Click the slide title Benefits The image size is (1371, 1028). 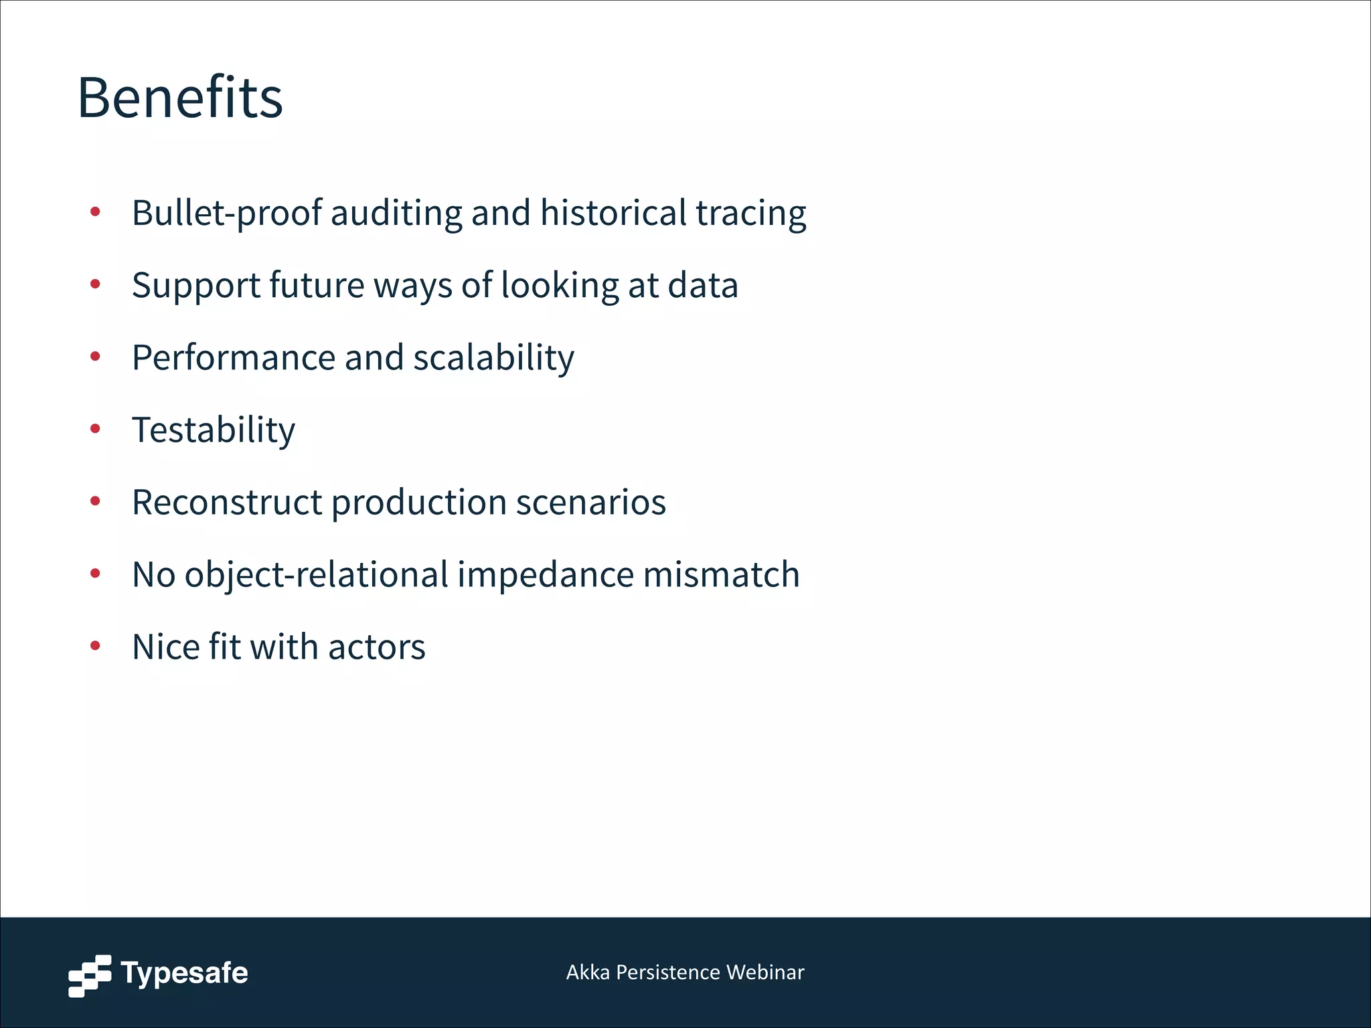(180, 98)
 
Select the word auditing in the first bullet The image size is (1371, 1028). (396, 213)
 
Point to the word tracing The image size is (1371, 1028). (750, 213)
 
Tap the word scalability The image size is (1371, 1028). (493, 358)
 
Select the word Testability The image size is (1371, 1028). (214, 430)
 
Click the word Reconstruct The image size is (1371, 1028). (227, 503)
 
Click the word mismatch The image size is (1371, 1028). (721, 575)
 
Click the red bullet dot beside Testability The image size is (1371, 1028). (95, 428)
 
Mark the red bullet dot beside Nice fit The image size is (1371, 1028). (95, 646)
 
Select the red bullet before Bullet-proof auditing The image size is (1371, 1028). (95, 211)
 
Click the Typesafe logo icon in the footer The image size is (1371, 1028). (90, 975)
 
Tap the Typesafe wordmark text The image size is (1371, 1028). (184, 973)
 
